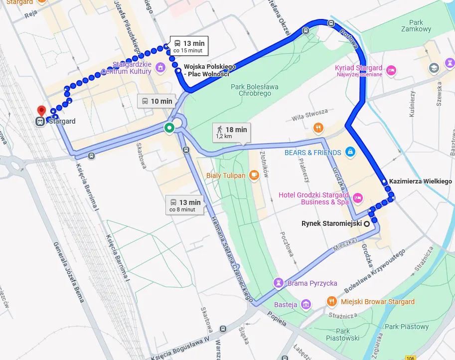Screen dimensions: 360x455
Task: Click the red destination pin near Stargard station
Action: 41,110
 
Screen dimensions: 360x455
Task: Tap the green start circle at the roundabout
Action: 169,128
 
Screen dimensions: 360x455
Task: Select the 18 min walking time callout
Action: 232,132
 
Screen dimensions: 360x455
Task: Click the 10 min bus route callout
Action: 156,101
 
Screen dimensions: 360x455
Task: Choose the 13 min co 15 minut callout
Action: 189,46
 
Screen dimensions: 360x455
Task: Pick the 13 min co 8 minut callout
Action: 184,205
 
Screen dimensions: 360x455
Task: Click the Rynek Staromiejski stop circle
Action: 367,223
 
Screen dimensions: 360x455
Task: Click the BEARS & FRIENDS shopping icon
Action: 350,152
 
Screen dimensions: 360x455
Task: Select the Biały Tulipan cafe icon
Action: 254,175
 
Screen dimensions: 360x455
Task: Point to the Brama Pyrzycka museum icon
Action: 280,283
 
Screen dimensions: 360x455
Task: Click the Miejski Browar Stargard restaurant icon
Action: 332,301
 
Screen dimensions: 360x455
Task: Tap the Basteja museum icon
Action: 306,304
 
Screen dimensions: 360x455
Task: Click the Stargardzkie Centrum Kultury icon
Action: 160,67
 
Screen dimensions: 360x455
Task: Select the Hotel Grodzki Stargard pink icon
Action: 357,198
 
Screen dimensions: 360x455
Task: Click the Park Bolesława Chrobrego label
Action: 254,90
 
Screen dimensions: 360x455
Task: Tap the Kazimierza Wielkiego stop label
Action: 420,181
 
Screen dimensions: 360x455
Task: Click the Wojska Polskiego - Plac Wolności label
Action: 206,70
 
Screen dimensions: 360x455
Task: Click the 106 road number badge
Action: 410,358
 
